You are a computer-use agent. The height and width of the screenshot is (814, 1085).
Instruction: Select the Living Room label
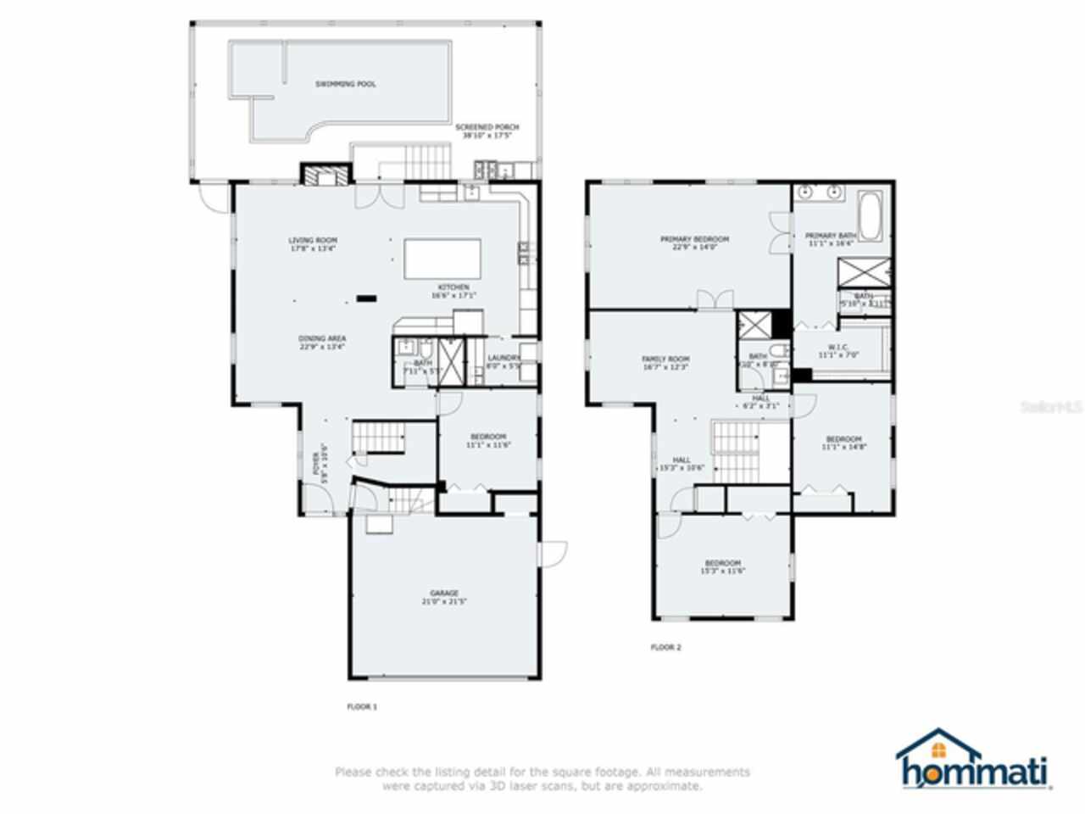point(313,244)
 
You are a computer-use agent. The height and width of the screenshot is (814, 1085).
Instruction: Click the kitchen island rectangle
point(442,259)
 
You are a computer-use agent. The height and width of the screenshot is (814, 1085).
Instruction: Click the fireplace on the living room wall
point(325,175)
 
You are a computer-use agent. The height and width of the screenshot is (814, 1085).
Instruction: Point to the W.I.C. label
point(838,351)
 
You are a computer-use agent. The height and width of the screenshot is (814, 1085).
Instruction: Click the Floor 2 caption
point(665,647)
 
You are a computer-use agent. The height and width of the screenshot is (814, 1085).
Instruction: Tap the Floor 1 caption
point(362,705)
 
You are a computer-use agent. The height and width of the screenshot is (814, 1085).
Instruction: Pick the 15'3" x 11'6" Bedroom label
point(722,566)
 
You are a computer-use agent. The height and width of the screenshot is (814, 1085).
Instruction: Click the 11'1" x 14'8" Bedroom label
point(843,443)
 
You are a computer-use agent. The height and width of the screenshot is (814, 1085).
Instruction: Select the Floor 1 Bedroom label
point(487,440)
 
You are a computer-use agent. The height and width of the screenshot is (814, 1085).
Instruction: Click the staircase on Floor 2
point(734,452)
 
